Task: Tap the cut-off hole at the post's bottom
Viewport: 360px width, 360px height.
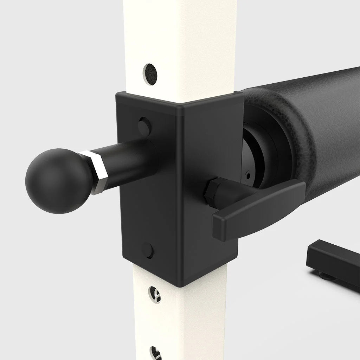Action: [x=155, y=353]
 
